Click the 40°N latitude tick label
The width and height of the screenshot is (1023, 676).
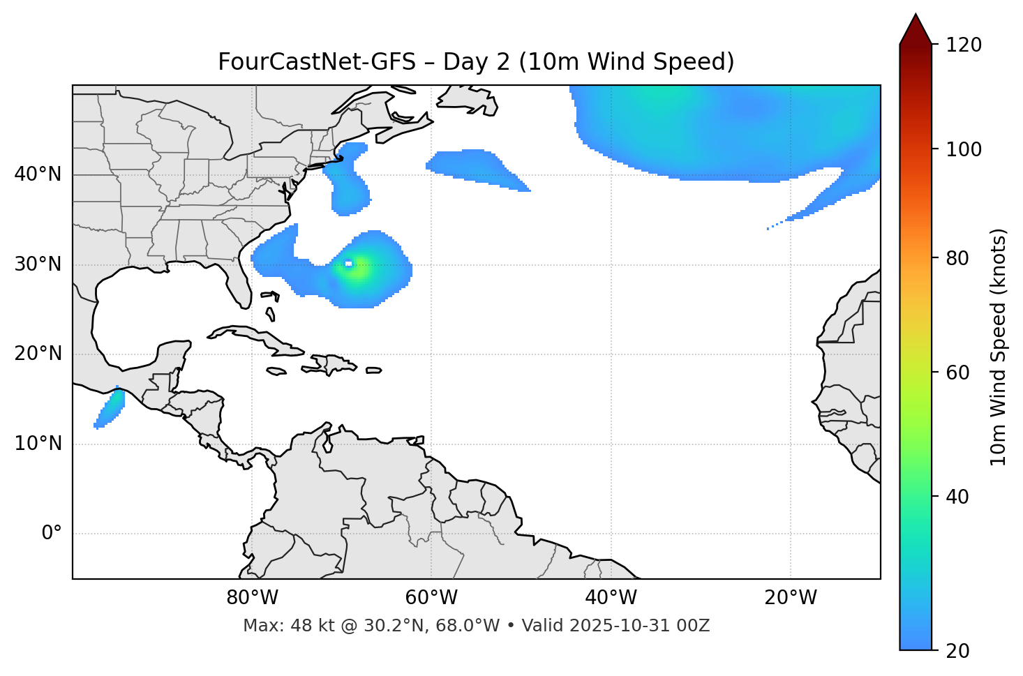(38, 174)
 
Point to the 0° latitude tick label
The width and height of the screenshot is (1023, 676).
(52, 534)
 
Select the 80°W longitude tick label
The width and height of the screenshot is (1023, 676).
(252, 598)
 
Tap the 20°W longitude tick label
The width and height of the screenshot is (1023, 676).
(791, 598)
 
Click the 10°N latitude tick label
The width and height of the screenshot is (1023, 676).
(38, 444)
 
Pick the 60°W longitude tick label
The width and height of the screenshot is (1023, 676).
(431, 598)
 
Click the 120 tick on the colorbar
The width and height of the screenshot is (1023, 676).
(964, 45)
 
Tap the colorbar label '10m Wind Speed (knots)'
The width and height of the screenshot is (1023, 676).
(999, 347)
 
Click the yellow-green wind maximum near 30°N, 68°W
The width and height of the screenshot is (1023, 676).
(357, 270)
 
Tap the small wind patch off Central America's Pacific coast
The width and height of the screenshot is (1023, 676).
(110, 409)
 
